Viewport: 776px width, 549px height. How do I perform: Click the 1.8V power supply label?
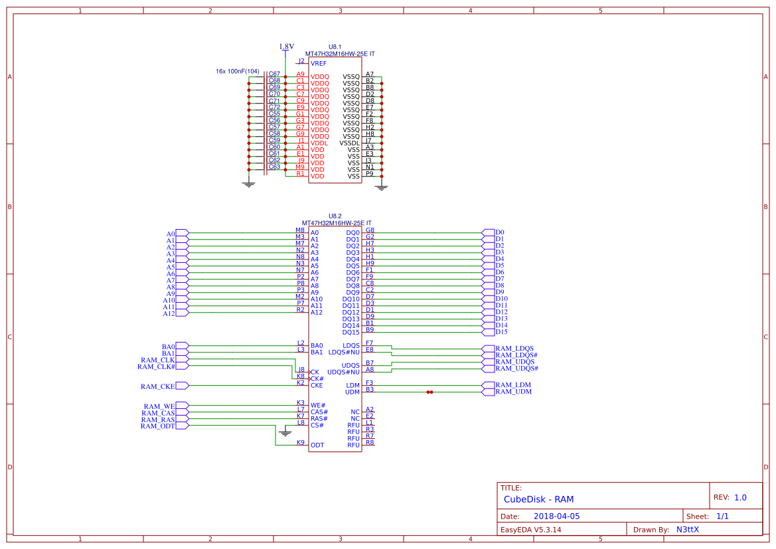[286, 46]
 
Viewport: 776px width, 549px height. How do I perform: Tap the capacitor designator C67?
[274, 74]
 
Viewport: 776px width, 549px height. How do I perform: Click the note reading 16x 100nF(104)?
[238, 71]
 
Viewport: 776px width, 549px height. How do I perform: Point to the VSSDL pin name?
[350, 143]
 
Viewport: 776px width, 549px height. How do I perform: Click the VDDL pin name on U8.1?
[319, 143]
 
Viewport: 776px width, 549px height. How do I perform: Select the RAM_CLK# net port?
[157, 366]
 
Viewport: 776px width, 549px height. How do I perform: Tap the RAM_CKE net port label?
[158, 386]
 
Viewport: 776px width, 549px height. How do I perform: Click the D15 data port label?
[501, 332]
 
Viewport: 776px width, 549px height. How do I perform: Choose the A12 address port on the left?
[169, 313]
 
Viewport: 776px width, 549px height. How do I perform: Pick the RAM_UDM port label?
[513, 392]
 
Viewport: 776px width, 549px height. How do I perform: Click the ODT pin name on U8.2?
[317, 445]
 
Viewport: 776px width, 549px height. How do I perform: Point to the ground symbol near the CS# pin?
[285, 433]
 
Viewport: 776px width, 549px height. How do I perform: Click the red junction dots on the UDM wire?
[430, 392]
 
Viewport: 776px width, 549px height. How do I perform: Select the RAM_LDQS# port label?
[516, 355]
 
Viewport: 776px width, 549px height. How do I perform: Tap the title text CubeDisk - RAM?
[538, 499]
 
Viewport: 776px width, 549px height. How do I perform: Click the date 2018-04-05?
[556, 516]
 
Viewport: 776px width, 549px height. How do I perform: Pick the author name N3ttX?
[687, 530]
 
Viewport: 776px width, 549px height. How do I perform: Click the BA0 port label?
[169, 347]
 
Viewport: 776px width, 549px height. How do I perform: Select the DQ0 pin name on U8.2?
[352, 233]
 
